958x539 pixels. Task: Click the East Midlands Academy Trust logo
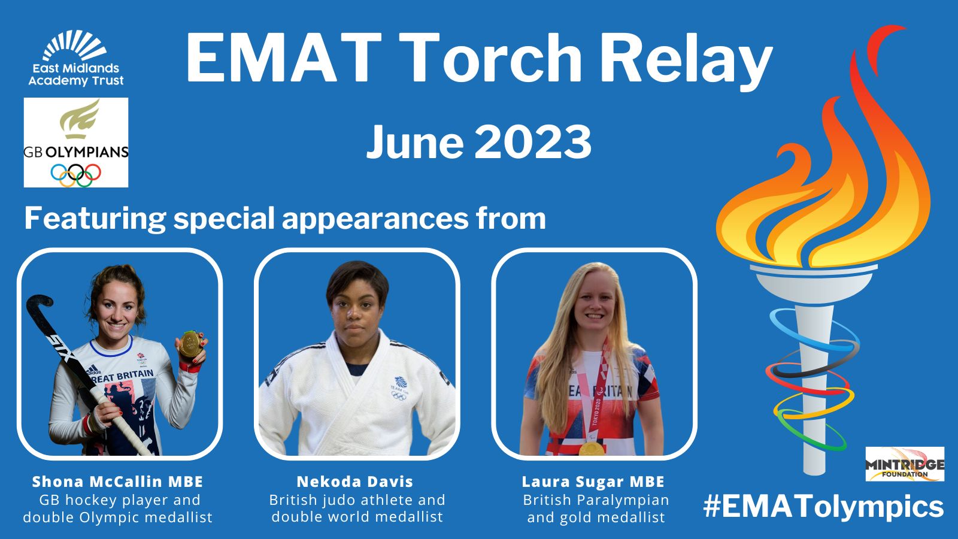click(x=75, y=58)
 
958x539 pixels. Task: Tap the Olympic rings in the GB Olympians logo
click(x=75, y=175)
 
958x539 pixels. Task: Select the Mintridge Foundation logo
click(x=905, y=464)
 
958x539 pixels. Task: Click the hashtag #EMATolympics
click(x=823, y=507)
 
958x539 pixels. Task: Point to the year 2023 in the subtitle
click(x=533, y=142)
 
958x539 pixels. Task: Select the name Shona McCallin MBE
click(x=117, y=482)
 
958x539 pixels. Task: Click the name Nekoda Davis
click(x=355, y=482)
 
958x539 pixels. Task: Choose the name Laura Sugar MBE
click(x=593, y=482)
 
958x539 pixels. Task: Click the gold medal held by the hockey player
click(x=190, y=344)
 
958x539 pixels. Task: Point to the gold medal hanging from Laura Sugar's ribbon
click(x=592, y=449)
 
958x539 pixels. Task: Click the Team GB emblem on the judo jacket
click(x=399, y=388)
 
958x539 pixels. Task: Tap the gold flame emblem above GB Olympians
click(x=80, y=119)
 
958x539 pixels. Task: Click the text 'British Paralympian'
click(x=596, y=499)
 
